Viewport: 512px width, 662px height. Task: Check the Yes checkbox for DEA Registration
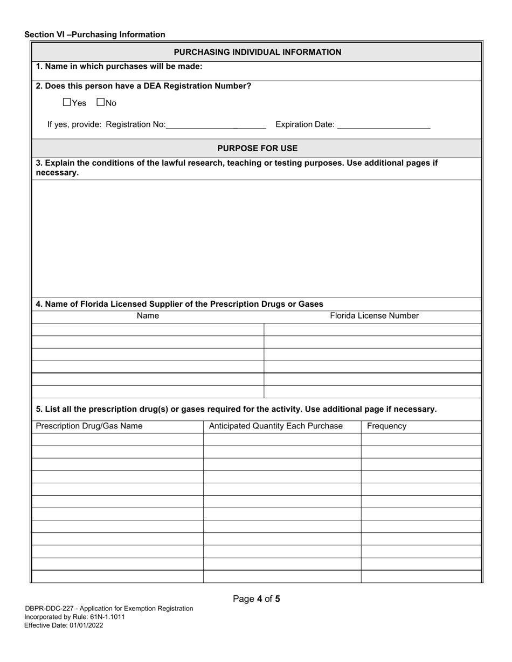pyautogui.click(x=67, y=102)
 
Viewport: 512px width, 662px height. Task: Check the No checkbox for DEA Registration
pyautogui.click(x=100, y=102)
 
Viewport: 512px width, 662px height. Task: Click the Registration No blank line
pyautogui.click(x=216, y=125)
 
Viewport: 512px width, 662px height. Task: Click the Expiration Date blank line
pyautogui.click(x=383, y=125)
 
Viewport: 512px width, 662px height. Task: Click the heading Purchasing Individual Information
pyautogui.click(x=257, y=52)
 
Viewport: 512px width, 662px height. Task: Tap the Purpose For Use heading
pyautogui.click(x=257, y=148)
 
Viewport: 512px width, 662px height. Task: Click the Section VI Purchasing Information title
pyautogui.click(x=95, y=34)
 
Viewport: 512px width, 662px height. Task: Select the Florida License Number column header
pyautogui.click(x=374, y=316)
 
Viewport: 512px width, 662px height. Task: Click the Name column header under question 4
pyautogui.click(x=148, y=316)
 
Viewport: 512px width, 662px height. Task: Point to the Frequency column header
pyautogui.click(x=386, y=426)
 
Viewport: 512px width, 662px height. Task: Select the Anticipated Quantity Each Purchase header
pyautogui.click(x=275, y=426)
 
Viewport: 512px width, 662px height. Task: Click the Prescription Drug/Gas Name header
pyautogui.click(x=89, y=426)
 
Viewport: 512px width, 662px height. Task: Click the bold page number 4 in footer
pyautogui.click(x=259, y=598)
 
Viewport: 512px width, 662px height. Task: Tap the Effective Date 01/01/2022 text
pyautogui.click(x=64, y=625)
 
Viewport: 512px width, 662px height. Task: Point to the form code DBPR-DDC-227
pyautogui.click(x=50, y=609)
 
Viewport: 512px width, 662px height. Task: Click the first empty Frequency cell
pyautogui.click(x=420, y=439)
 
